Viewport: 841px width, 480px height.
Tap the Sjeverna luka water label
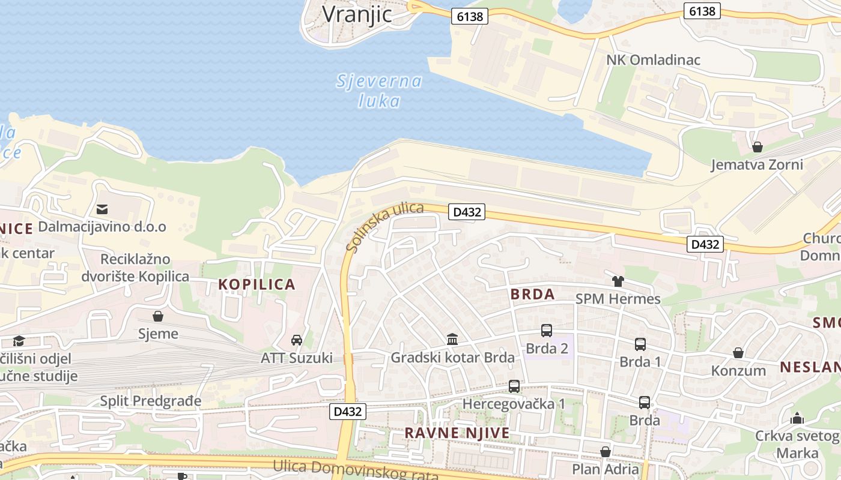tap(379, 91)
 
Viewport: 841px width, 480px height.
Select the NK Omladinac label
tap(653, 60)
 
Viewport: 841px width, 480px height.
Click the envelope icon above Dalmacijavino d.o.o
tap(102, 209)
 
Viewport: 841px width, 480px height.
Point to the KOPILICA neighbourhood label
tap(257, 284)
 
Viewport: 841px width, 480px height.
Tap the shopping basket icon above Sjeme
tap(158, 316)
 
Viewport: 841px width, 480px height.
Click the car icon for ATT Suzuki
tap(297, 340)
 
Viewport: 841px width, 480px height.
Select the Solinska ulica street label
tap(385, 226)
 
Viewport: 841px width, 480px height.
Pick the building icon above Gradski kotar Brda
tap(452, 340)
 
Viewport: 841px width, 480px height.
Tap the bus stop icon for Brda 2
tap(547, 331)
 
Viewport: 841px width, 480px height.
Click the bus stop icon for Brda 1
tap(640, 344)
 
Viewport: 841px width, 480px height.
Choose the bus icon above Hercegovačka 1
tap(514, 386)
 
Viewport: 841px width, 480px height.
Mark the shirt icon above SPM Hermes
tap(618, 281)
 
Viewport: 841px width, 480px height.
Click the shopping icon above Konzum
tap(738, 353)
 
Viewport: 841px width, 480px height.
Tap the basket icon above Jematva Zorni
tap(758, 147)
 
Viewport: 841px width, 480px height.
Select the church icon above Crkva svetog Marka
tap(797, 418)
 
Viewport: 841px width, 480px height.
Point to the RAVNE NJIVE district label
tap(457, 433)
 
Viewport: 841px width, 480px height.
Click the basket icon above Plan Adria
tap(606, 452)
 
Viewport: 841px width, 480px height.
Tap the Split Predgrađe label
tap(151, 401)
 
